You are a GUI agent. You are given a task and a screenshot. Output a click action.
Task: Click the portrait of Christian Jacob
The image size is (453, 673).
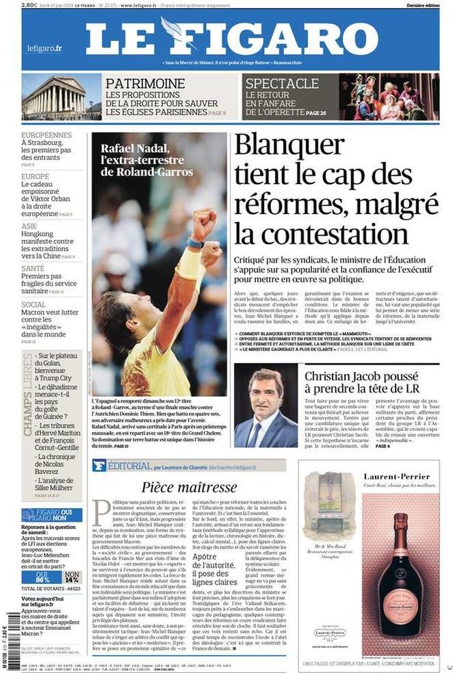pyautogui.click(x=265, y=408)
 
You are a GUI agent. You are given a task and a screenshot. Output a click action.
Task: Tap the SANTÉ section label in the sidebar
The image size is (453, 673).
pyautogui.click(x=33, y=269)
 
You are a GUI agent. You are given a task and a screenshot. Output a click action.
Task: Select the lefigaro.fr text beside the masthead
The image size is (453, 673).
pyautogui.click(x=44, y=48)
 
